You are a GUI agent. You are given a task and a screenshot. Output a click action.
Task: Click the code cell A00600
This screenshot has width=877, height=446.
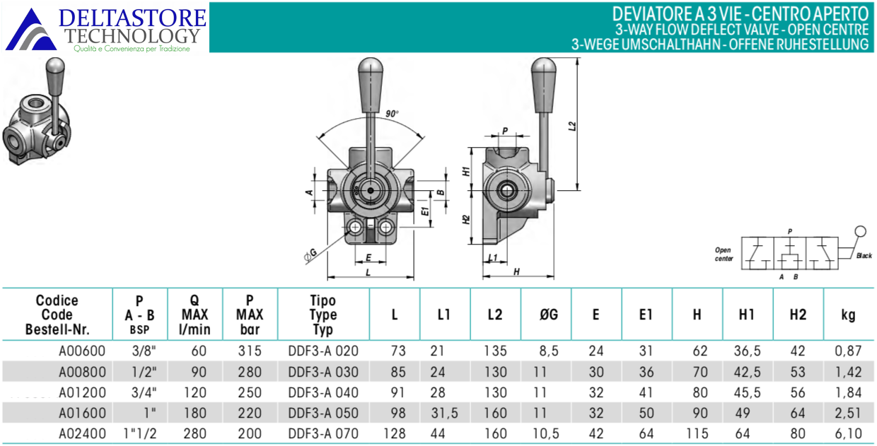pos(82,351)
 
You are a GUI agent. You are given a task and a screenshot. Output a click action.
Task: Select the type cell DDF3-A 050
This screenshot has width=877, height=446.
pos(323,413)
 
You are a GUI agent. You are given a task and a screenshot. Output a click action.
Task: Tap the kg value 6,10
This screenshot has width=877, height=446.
pos(848,433)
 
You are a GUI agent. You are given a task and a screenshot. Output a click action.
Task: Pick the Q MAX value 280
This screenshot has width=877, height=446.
pos(195,433)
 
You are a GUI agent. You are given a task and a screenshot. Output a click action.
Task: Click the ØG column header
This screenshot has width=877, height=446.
pos(549,314)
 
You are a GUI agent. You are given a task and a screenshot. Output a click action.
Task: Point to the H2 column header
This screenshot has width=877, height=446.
pos(798,314)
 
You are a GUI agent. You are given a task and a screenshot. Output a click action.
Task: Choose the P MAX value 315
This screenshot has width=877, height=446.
pos(250,351)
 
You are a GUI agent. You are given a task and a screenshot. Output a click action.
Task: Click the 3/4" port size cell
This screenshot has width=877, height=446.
pos(144,392)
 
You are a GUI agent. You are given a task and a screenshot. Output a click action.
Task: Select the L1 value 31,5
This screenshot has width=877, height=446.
pos(444,413)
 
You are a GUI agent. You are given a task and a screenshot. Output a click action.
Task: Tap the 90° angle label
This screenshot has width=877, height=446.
pos(392,114)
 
